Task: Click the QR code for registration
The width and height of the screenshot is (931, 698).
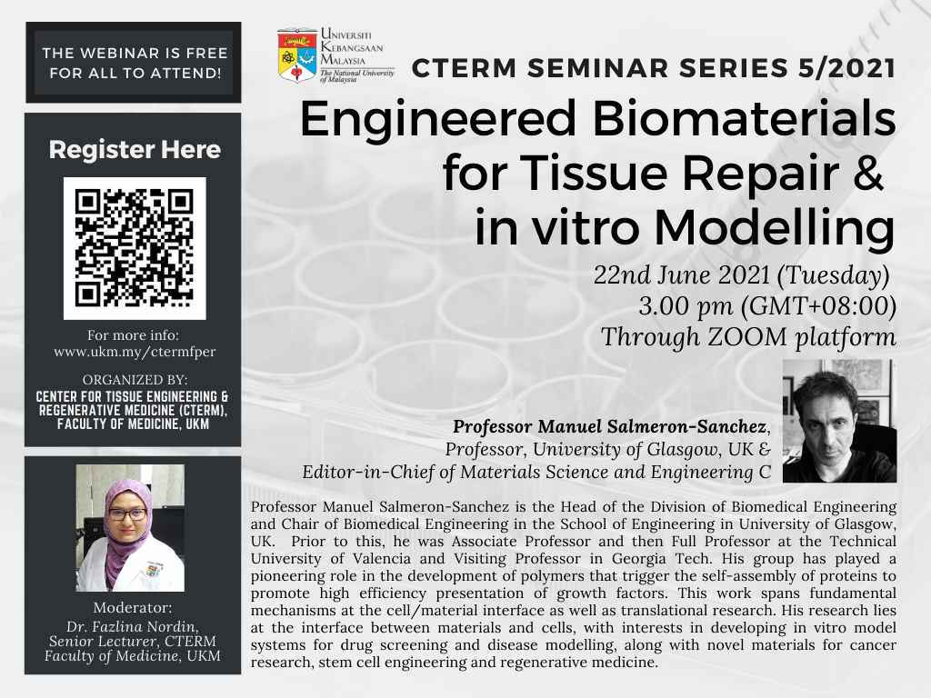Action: pos(135,248)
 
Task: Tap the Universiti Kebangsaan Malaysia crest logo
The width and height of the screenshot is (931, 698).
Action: pos(297,55)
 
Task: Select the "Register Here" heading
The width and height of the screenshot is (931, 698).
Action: pos(135,150)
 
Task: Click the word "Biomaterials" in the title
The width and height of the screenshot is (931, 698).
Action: pos(745,119)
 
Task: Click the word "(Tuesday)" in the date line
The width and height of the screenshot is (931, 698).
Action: pos(834,276)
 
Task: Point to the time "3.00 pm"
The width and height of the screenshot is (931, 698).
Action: pos(686,306)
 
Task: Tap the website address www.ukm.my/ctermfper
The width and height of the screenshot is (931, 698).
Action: pos(135,352)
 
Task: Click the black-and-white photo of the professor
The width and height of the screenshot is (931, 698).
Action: pos(839,421)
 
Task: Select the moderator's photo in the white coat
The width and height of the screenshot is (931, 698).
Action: pos(130,528)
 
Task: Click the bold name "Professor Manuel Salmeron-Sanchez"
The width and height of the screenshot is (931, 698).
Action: pos(610,426)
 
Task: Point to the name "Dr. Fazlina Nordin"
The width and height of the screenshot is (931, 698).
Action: pos(133,627)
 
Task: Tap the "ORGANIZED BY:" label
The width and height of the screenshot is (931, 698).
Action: pos(135,380)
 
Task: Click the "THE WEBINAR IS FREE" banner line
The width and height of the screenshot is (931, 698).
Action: pos(135,53)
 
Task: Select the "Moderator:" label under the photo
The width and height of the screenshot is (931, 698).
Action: pos(133,608)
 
